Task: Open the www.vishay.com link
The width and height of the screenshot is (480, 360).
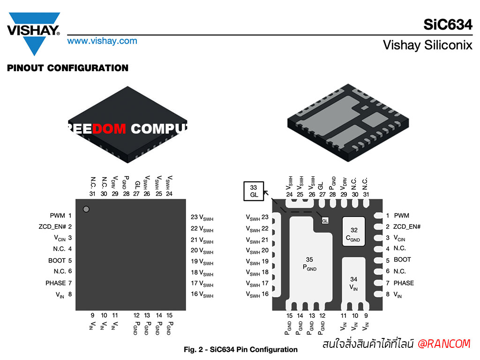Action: pyautogui.click(x=102, y=41)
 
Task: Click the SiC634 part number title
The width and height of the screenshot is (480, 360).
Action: pyautogui.click(x=448, y=24)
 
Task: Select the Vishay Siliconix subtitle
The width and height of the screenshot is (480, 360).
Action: pyautogui.click(x=427, y=45)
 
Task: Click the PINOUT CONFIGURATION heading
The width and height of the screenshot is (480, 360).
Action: pyautogui.click(x=67, y=68)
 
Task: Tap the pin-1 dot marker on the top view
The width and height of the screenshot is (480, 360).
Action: pyautogui.click(x=86, y=209)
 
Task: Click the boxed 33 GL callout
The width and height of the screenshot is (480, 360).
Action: pyautogui.click(x=254, y=191)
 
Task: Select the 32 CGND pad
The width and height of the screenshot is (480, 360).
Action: pyautogui.click(x=353, y=232)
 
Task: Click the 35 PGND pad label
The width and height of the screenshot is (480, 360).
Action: pyautogui.click(x=309, y=264)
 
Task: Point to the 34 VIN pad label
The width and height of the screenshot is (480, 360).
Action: pyautogui.click(x=353, y=284)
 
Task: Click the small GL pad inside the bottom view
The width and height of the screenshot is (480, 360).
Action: pyautogui.click(x=325, y=221)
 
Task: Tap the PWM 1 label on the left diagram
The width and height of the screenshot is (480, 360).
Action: pyautogui.click(x=60, y=216)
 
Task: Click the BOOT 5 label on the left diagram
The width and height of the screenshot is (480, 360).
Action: pyautogui.click(x=60, y=261)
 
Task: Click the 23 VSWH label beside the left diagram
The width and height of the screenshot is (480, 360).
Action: pyautogui.click(x=202, y=217)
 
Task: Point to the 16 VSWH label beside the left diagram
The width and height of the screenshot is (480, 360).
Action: pyautogui.click(x=202, y=294)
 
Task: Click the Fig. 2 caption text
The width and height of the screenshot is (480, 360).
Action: pyautogui.click(x=240, y=350)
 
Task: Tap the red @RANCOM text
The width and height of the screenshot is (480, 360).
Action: pyautogui.click(x=444, y=344)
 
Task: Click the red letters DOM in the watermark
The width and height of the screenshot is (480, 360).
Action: pyautogui.click(x=109, y=129)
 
